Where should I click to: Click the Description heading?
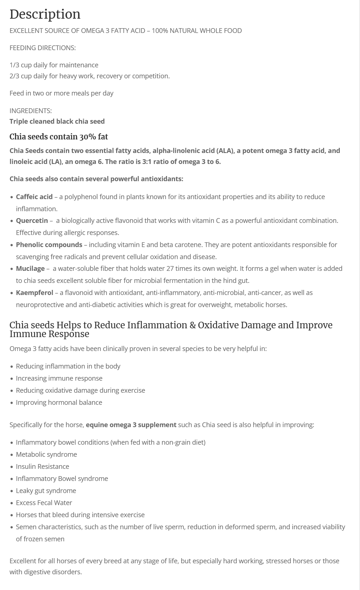coord(45,14)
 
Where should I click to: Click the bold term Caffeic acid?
coord(34,197)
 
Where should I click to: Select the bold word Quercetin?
coord(32,221)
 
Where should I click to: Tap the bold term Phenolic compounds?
coord(49,245)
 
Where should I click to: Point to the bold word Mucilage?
coord(30,269)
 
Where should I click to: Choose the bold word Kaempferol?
coord(34,293)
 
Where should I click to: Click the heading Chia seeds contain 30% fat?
coord(59,137)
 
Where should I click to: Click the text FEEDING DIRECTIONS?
coord(42,48)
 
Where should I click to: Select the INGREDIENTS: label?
coord(30,111)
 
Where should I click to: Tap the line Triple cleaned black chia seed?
coord(57,122)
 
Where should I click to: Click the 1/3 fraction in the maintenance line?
coord(14,65)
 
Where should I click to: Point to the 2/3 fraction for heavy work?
coord(14,76)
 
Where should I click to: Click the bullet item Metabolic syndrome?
coord(46,455)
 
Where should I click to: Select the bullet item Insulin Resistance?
coord(42,467)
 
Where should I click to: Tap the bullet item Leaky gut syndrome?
coord(46,491)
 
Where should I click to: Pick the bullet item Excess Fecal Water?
coord(44,503)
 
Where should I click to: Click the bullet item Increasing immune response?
coord(59,378)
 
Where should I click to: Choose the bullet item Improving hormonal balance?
coord(59,403)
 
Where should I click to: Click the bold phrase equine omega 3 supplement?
coord(131,425)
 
